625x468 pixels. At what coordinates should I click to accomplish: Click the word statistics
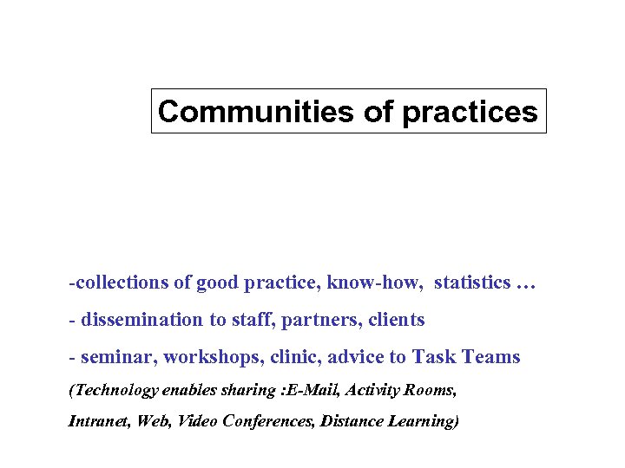point(472,283)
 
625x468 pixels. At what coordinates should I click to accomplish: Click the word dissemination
point(141,320)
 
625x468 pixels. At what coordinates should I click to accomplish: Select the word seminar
point(111,357)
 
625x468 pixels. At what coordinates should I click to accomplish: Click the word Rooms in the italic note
point(430,390)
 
